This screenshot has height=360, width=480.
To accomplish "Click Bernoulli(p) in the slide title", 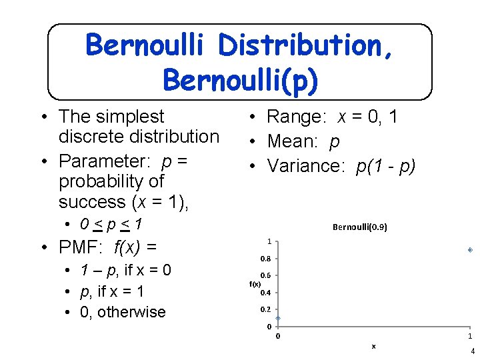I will point(240,79).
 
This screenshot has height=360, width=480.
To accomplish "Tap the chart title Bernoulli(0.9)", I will point(359,227).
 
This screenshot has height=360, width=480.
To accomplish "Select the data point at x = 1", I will point(470,250).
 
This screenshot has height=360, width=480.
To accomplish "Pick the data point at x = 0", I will point(278,319).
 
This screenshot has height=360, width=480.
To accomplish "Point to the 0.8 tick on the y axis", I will point(265,259).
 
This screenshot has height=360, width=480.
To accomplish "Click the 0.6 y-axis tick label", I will point(265,275).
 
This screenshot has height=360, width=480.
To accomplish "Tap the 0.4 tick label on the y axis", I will point(265,293).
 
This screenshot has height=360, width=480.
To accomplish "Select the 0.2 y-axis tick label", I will point(265,309).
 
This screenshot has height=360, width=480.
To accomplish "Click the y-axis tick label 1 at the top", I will point(268,241).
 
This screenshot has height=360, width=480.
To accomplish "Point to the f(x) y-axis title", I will point(255,283).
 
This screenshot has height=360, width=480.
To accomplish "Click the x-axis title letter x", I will point(373,345).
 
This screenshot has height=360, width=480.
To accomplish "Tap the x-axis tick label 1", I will point(469,336).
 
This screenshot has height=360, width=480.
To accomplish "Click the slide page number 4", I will point(472,351).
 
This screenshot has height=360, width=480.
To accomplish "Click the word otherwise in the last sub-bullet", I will point(131,312).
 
